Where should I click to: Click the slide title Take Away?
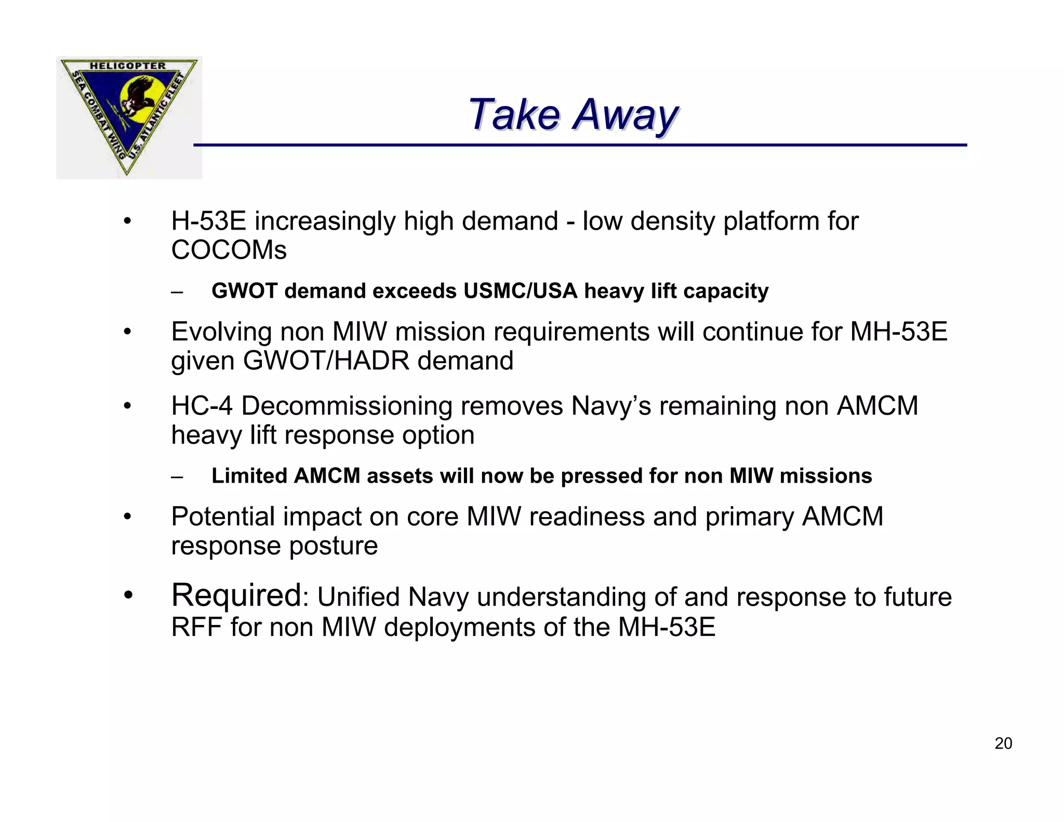click(573, 114)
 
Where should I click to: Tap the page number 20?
click(1003, 744)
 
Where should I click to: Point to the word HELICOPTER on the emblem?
click(128, 66)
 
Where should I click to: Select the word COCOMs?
click(229, 250)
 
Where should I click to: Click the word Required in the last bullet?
click(236, 595)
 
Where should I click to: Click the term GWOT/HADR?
click(327, 361)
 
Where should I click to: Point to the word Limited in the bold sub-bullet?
click(249, 476)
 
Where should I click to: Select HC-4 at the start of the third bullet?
click(202, 406)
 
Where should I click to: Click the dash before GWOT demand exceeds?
click(177, 292)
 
